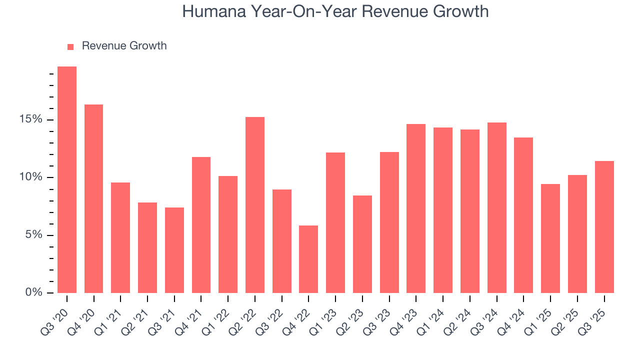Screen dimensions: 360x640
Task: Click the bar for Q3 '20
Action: (x=67, y=180)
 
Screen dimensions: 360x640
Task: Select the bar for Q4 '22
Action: (x=308, y=259)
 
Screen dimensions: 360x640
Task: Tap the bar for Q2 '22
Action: (x=255, y=205)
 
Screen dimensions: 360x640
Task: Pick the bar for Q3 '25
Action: (x=604, y=227)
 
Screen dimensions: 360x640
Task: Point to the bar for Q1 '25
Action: (x=550, y=238)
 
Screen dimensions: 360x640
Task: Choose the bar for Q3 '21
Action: (x=174, y=250)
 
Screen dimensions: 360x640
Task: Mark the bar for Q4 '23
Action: (x=416, y=208)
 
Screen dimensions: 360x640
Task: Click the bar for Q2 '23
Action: (x=362, y=244)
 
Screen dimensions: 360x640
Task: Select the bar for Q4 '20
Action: (x=94, y=198)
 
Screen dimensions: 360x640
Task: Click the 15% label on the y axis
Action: (x=31, y=119)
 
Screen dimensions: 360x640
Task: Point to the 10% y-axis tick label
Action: (x=31, y=177)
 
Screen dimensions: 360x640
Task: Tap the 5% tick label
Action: (x=34, y=235)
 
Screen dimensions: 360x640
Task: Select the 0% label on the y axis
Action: (x=34, y=292)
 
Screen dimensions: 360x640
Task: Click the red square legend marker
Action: (x=70, y=46)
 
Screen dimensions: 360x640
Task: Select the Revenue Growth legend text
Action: (x=124, y=46)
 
